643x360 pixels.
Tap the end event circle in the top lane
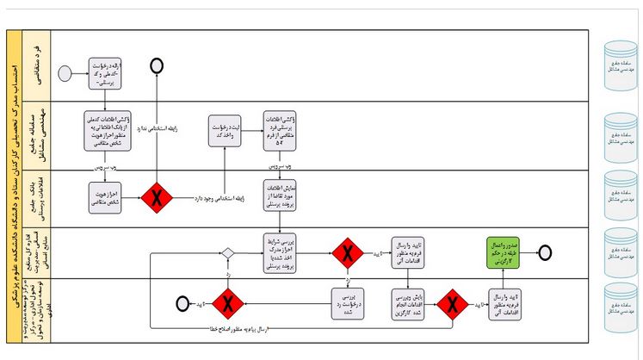(x=157, y=65)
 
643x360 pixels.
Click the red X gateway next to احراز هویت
(x=157, y=197)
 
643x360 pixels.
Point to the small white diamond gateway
(x=227, y=252)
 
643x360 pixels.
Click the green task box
(x=504, y=251)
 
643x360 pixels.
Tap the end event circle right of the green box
(x=544, y=251)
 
